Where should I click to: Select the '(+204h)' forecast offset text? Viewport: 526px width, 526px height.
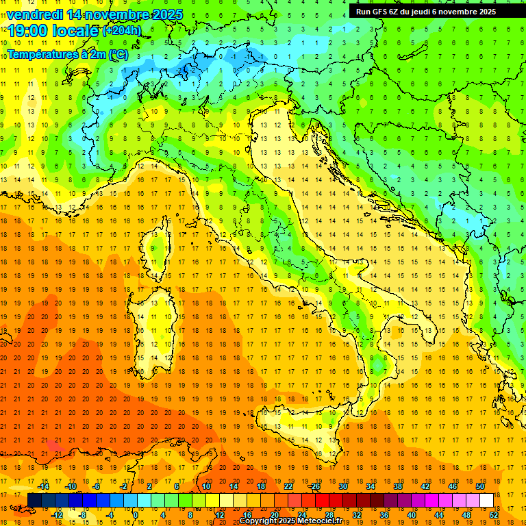click(122, 31)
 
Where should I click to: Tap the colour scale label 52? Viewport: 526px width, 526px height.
click(494, 515)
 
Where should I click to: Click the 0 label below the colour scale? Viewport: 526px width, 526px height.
click(135, 515)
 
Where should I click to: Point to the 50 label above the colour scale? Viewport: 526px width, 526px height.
click(479, 486)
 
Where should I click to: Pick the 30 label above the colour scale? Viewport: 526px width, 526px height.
click(342, 486)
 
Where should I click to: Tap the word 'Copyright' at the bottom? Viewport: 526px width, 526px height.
click(258, 521)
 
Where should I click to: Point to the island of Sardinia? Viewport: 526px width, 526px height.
click(158, 322)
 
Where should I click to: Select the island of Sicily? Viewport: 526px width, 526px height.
click(301, 428)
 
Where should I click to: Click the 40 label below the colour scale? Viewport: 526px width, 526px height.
click(412, 515)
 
